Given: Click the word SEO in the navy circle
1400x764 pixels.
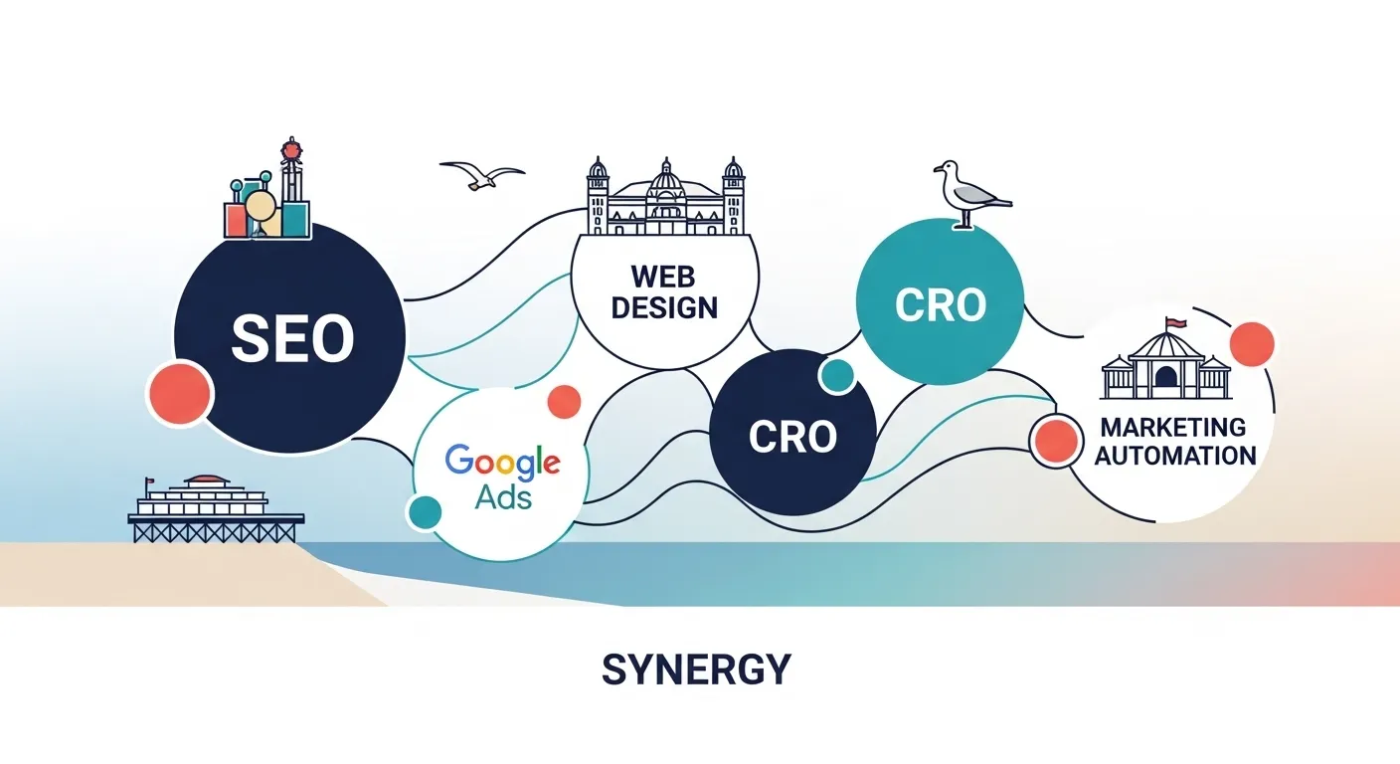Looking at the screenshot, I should point(291,338).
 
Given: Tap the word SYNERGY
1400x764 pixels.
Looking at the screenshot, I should point(696,669).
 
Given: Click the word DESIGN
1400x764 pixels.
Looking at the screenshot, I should point(664,306).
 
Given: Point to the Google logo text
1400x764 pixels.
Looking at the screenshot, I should point(502,462).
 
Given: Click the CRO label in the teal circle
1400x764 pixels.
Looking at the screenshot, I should point(940,304).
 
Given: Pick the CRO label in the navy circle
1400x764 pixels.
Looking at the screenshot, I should point(791,436).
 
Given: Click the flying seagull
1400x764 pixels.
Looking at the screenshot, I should point(481,176).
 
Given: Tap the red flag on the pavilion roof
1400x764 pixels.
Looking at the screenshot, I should point(1175,322).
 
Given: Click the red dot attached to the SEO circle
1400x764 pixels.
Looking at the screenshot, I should point(180,394).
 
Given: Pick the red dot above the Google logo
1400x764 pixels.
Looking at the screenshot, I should point(564,401).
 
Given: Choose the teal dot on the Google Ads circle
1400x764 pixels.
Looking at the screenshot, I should point(426,511).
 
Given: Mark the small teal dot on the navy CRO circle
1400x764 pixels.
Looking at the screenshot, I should point(837,375).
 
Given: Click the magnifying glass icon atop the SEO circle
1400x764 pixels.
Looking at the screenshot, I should point(261,208).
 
